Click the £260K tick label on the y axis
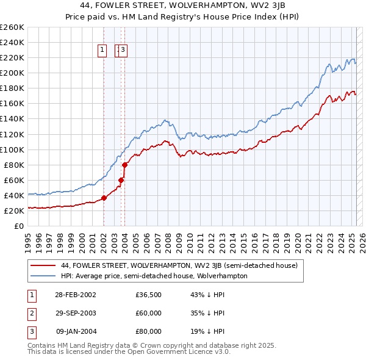pyautogui.click(x=12, y=27)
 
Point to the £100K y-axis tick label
pyautogui.click(x=12, y=149)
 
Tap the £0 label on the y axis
pyautogui.click(x=18, y=226)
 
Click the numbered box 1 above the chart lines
pyautogui.click(x=102, y=51)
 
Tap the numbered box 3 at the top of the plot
pyautogui.click(x=123, y=51)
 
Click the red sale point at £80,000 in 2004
pyautogui.click(x=124, y=165)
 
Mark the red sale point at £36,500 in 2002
pyautogui.click(x=104, y=198)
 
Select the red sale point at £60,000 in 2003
pyautogui.click(x=121, y=180)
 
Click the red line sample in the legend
pyautogui.click(x=43, y=266)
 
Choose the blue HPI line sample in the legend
pyautogui.click(x=43, y=276)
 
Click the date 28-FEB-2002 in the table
pyautogui.click(x=76, y=295)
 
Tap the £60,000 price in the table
pyautogui.click(x=148, y=313)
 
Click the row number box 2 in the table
pyautogui.click(x=30, y=313)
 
